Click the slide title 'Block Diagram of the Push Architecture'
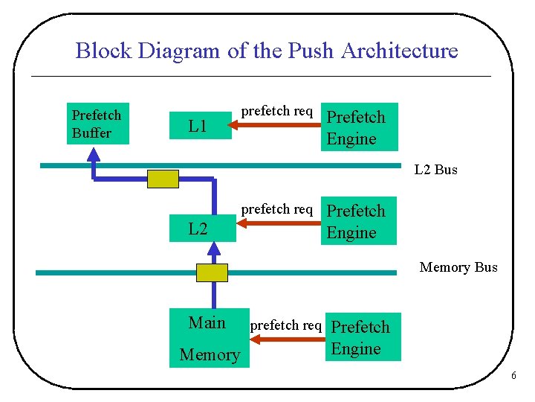267,51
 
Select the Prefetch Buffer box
97,123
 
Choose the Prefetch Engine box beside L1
360,127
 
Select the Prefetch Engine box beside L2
359,221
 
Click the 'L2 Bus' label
435,170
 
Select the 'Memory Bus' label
458,267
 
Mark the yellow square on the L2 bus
163,179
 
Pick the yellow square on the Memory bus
212,272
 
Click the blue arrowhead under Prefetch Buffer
93,153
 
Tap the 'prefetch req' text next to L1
277,112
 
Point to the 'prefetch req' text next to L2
277,209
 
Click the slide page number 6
513,376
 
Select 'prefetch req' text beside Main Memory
286,325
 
